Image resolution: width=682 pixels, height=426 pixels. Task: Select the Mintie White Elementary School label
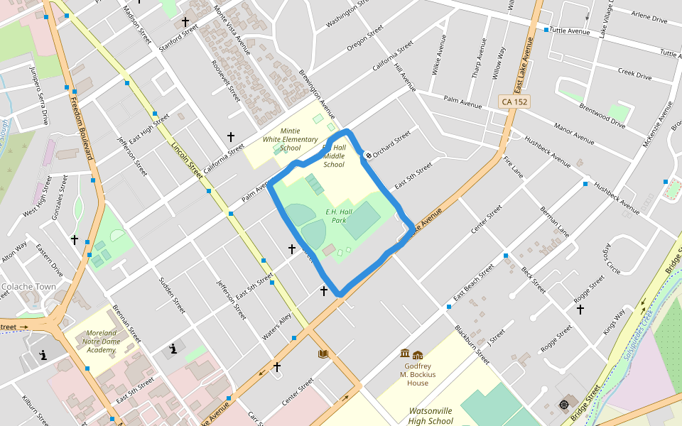point(290,140)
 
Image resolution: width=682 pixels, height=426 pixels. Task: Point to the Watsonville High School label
point(431,415)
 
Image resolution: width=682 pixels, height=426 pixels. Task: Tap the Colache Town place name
point(28,287)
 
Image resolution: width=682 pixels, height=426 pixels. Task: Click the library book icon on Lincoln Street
point(323,354)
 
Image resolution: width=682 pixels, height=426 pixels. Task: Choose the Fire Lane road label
point(513,168)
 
